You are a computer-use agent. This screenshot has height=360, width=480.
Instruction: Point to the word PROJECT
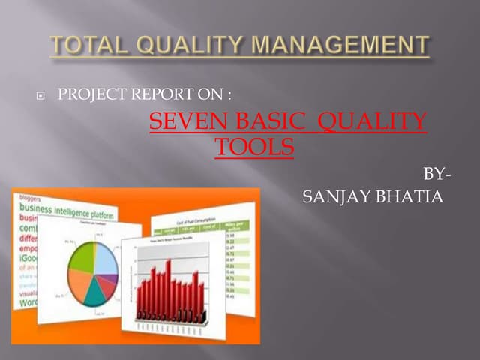[x=88, y=96]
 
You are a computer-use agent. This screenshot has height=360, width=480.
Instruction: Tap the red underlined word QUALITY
[x=373, y=121]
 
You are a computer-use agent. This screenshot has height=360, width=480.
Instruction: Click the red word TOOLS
[x=254, y=146]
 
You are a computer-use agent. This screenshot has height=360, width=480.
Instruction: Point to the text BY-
[x=438, y=174]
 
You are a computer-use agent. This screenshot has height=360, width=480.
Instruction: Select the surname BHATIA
[x=411, y=197]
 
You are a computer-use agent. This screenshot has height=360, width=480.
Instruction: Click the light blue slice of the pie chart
[x=105, y=258]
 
